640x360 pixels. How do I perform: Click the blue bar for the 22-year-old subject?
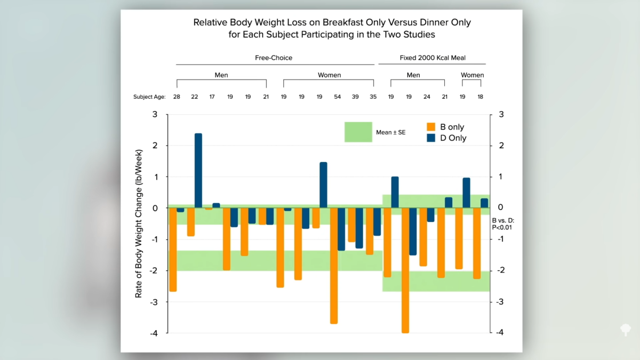(198, 170)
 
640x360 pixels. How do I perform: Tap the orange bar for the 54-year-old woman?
(334, 265)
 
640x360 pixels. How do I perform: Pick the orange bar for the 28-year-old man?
(173, 249)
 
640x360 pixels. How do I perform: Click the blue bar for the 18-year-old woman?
(484, 203)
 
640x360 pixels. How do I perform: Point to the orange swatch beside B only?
(431, 127)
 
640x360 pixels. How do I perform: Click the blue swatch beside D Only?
(431, 138)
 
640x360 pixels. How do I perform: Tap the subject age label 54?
(338, 97)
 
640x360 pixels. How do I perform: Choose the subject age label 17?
(212, 97)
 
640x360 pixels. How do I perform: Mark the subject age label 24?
(427, 97)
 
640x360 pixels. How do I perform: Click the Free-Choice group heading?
(274, 58)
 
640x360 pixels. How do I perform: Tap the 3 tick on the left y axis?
(155, 115)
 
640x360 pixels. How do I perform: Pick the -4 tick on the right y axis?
(500, 332)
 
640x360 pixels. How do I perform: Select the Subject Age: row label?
(149, 97)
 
